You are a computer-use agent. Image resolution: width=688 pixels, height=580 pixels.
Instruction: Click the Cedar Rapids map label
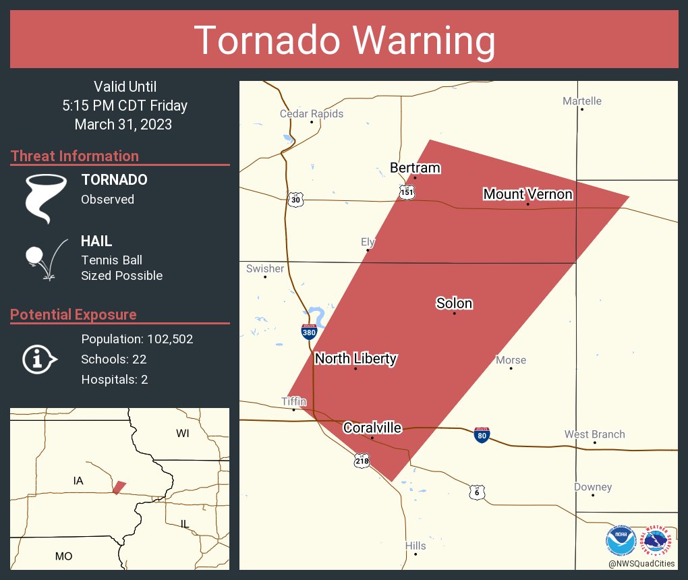tap(312, 114)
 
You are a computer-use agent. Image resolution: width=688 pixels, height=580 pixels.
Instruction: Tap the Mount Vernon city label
tap(527, 194)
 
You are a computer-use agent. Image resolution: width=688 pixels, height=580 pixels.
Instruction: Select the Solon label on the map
tap(454, 303)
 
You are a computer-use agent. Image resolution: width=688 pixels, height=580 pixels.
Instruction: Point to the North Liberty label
tap(355, 359)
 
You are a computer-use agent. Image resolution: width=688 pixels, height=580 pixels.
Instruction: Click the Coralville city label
tap(372, 428)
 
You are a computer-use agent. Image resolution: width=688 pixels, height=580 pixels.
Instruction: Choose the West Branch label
tap(594, 434)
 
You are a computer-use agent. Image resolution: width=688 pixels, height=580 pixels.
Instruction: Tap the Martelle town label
tap(582, 101)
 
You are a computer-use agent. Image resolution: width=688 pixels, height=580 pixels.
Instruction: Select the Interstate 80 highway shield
tap(482, 435)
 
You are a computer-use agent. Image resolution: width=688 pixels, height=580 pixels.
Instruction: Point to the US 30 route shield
tap(295, 200)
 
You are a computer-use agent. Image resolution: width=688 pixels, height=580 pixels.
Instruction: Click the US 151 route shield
tap(406, 192)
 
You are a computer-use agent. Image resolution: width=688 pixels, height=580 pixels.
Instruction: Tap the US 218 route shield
tap(361, 461)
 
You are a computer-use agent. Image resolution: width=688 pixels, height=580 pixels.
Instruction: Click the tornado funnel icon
tap(46, 198)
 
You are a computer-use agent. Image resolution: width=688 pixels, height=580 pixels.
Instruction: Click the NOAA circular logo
tap(621, 541)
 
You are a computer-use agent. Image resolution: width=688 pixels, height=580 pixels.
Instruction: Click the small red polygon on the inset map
tap(119, 487)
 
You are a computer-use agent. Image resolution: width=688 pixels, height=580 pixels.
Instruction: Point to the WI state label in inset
tap(183, 434)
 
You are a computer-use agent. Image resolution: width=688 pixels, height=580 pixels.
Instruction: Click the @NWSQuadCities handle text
tap(641, 563)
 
